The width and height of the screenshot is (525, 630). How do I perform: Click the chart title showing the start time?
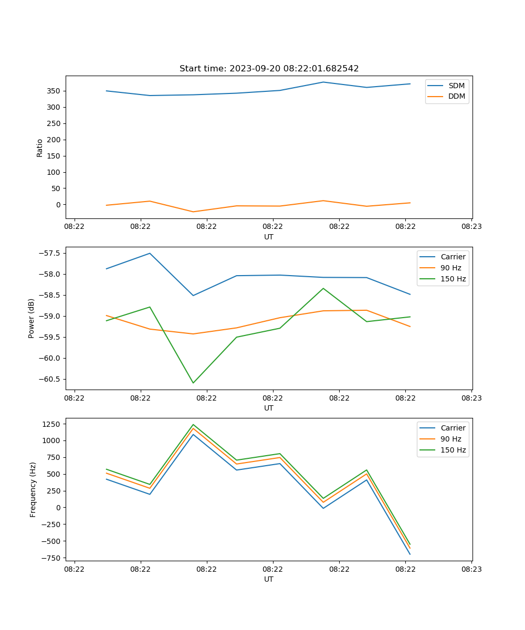[x=269, y=69]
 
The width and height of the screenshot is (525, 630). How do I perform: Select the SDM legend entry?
[x=456, y=86]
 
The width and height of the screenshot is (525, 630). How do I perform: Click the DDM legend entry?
[x=456, y=96]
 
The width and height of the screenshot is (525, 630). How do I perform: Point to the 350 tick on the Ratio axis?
[x=55, y=91]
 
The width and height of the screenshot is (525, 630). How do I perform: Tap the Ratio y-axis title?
[x=40, y=148]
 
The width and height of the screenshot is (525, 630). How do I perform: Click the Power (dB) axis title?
[x=31, y=318]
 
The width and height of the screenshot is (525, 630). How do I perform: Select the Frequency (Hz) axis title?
[x=33, y=489]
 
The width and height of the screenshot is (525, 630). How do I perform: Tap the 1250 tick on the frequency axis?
[x=54, y=424]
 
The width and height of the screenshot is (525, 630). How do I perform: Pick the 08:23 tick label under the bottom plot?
[x=471, y=569]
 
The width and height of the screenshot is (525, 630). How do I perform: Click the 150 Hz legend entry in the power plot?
[x=453, y=279]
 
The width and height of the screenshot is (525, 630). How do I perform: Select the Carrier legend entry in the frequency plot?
[x=453, y=428]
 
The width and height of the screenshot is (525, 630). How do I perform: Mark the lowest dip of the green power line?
[x=193, y=383]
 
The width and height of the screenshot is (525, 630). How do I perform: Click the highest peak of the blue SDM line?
[x=323, y=82]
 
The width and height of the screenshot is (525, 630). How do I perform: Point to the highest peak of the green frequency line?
[x=193, y=424]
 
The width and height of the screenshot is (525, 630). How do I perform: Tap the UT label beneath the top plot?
[x=269, y=237]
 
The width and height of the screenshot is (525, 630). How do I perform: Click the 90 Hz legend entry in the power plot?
[x=451, y=268]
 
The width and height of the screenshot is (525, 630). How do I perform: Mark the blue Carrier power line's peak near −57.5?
[x=150, y=253]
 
